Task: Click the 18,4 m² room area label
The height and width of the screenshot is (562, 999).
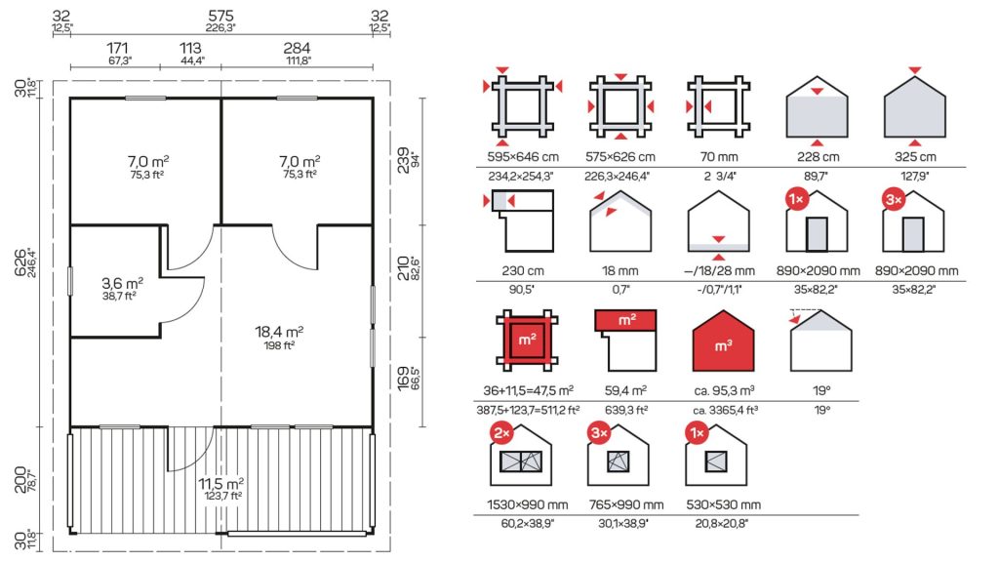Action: (x=279, y=332)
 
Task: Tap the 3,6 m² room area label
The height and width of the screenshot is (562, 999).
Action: (x=122, y=283)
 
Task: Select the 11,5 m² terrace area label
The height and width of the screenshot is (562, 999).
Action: (x=221, y=484)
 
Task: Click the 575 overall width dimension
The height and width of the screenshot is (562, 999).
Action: (x=220, y=16)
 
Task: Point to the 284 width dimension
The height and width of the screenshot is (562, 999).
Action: (x=297, y=49)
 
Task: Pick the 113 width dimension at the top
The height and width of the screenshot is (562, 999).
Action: (x=190, y=49)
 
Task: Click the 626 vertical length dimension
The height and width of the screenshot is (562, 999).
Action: (x=21, y=263)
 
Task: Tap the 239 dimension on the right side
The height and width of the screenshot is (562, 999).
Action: (x=403, y=160)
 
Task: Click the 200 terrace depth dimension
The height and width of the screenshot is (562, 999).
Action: (x=21, y=480)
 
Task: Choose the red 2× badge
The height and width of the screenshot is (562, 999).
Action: (x=501, y=433)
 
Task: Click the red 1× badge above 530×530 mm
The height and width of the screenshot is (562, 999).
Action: (x=697, y=433)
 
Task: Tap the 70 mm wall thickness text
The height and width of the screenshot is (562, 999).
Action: (x=719, y=157)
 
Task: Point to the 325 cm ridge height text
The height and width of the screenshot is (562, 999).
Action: (x=915, y=157)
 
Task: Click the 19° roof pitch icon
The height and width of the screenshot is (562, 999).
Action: (x=820, y=341)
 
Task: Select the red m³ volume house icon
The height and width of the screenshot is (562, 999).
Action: (x=723, y=341)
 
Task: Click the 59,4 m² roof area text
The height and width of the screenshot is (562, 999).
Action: (x=625, y=390)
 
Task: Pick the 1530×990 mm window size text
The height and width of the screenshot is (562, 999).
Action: (x=528, y=504)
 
